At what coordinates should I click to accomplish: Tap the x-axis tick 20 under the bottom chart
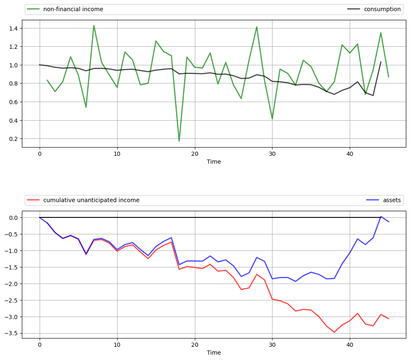coord(194,344)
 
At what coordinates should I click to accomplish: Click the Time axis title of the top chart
coord(214,162)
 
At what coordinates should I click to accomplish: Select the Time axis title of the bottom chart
coord(214,353)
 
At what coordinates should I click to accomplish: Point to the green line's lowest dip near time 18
coord(179,141)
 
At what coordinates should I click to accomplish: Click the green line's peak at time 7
coord(94,26)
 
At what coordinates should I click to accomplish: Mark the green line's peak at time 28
coord(257,27)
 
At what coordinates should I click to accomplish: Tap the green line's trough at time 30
coord(272,119)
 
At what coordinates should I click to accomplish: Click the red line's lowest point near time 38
coord(334,332)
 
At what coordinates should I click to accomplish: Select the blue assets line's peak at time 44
coord(381,217)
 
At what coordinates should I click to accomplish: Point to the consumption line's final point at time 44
coord(381,62)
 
